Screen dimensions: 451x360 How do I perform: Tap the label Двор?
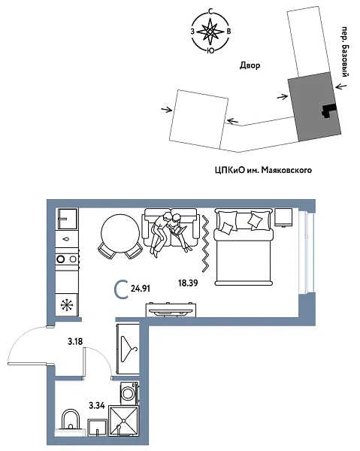pos(250,66)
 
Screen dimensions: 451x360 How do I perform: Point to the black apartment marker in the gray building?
pos(328,110)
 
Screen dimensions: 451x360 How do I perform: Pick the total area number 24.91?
pos(142,286)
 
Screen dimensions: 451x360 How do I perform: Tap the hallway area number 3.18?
pos(74,343)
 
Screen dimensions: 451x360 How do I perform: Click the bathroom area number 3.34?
pos(96,405)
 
